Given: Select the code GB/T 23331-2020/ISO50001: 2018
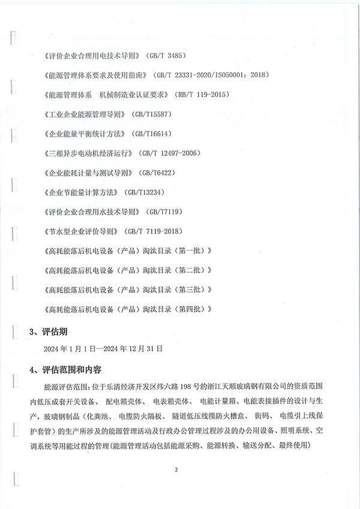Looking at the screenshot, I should click(x=213, y=76).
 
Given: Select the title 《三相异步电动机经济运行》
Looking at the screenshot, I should click(x=88, y=153).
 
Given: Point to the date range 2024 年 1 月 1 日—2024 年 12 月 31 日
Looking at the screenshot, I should click(x=108, y=348).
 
